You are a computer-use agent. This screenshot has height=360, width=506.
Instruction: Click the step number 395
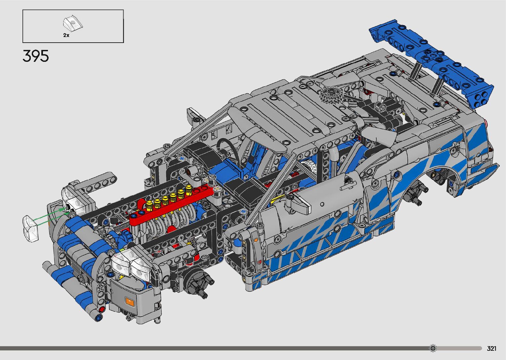(x=35, y=56)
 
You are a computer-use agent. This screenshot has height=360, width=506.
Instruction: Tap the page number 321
(x=491, y=348)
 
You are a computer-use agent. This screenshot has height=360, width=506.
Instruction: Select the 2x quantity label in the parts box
(x=66, y=35)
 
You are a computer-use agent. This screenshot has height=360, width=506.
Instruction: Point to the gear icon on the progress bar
(x=433, y=348)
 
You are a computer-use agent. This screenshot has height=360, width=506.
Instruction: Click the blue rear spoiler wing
(x=431, y=63)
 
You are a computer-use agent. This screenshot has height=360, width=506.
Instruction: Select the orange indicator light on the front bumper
(x=130, y=301)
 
